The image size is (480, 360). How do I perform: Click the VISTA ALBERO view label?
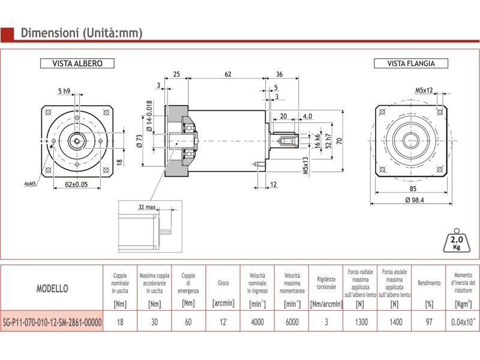77,64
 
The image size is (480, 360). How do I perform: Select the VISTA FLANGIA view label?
411,64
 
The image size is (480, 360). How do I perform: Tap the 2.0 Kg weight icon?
455,242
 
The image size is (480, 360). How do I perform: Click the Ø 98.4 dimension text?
411,200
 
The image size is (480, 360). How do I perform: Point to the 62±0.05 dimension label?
76,185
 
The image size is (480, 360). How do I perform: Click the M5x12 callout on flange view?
424,91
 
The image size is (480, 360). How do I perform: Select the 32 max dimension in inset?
147,207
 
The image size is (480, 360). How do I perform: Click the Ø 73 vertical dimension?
139,140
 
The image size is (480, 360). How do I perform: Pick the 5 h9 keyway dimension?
64,91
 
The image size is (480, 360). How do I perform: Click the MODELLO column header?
52,288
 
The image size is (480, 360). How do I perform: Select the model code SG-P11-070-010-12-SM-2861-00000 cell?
52,322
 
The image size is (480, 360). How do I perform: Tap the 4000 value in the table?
257,322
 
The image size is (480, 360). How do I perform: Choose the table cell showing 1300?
360,322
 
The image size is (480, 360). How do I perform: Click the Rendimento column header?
429,283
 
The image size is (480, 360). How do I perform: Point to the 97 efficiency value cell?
429,322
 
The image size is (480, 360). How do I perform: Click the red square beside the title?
7,33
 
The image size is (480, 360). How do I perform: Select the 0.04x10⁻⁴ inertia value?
463,322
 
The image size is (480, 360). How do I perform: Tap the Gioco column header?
223,283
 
